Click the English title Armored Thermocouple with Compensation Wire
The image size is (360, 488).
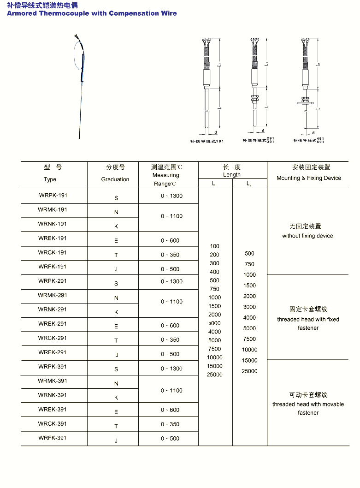click(x=92, y=13)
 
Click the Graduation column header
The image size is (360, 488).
click(x=115, y=179)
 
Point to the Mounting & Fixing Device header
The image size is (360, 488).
click(x=309, y=178)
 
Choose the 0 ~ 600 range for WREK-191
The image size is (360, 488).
click(x=170, y=240)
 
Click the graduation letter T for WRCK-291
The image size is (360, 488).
click(x=116, y=340)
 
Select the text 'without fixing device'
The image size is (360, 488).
click(x=307, y=236)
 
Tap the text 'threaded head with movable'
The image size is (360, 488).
click(x=308, y=404)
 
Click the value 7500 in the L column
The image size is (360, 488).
click(x=214, y=349)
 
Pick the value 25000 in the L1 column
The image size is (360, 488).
click(x=249, y=371)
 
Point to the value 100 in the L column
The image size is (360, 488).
click(x=214, y=246)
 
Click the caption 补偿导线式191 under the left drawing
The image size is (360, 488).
click(x=207, y=141)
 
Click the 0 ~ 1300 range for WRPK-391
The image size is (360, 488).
click(x=171, y=369)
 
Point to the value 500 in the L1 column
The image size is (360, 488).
click(x=249, y=253)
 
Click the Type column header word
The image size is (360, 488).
click(x=50, y=179)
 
